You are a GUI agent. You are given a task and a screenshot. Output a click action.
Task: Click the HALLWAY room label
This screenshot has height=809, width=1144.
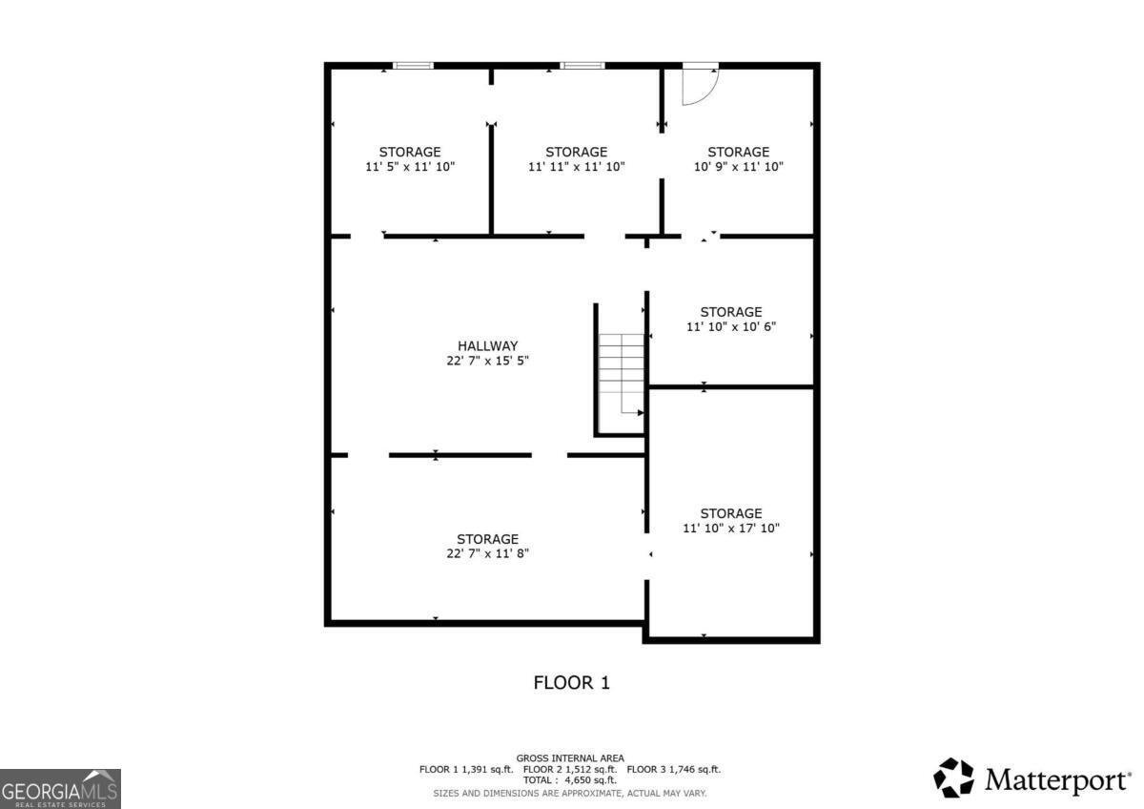click(487, 345)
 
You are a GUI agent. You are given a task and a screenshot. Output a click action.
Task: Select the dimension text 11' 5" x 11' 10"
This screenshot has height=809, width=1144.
click(410, 167)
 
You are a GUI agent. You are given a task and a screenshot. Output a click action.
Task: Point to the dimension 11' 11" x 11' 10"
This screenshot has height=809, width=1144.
click(576, 167)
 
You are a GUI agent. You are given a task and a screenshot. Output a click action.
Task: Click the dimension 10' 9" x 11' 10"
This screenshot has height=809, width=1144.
click(738, 167)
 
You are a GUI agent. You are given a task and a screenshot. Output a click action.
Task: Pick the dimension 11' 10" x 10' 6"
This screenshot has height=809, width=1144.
click(731, 327)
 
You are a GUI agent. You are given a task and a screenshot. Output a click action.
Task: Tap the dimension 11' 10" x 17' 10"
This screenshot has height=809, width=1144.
click(731, 529)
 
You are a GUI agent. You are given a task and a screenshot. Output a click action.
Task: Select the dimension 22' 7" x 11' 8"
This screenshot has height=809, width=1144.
click(487, 553)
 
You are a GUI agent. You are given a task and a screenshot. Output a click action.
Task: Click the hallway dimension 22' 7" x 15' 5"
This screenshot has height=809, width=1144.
click(487, 361)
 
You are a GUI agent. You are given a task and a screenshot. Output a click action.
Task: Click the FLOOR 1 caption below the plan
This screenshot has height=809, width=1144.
click(571, 683)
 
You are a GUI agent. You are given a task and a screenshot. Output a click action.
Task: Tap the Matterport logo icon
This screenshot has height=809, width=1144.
click(953, 778)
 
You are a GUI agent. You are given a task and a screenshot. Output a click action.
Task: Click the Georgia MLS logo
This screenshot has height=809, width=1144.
click(60, 788)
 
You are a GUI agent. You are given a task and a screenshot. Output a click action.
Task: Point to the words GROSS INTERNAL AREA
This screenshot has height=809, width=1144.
click(570, 758)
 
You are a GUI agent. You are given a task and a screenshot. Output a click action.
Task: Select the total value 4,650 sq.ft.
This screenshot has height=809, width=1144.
click(591, 780)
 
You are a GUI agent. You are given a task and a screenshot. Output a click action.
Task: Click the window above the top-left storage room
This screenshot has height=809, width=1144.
click(413, 66)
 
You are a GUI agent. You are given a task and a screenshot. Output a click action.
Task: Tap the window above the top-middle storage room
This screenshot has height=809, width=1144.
click(582, 66)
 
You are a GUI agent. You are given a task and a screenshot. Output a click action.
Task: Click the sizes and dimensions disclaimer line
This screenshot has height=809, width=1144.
click(570, 793)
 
